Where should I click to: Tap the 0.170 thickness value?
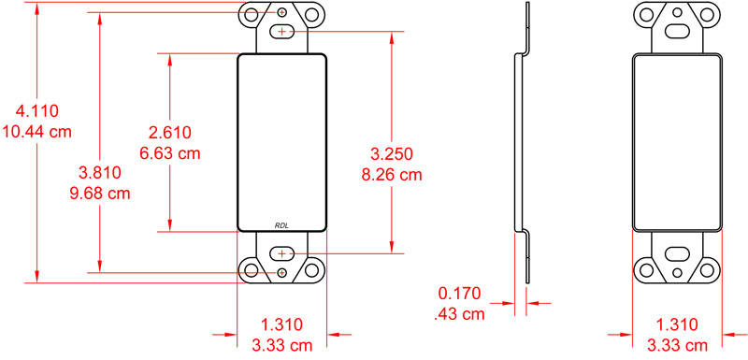460,293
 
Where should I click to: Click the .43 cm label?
460,314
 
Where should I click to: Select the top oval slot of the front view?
283,32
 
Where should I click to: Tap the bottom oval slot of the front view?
283,253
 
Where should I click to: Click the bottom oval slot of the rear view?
677,253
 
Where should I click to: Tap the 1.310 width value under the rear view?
677,324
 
